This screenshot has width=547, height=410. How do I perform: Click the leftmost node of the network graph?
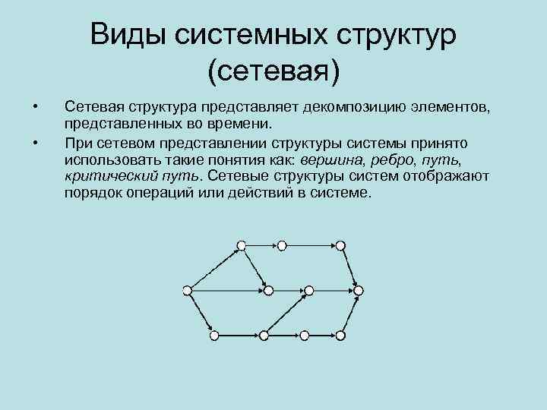coord(187,289)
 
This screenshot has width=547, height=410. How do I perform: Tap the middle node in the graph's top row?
coord(282,245)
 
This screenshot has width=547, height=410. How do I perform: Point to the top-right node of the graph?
coord(340,245)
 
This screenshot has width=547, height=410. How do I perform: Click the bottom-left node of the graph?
coord(214,335)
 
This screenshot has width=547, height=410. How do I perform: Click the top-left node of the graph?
coord(241,245)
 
